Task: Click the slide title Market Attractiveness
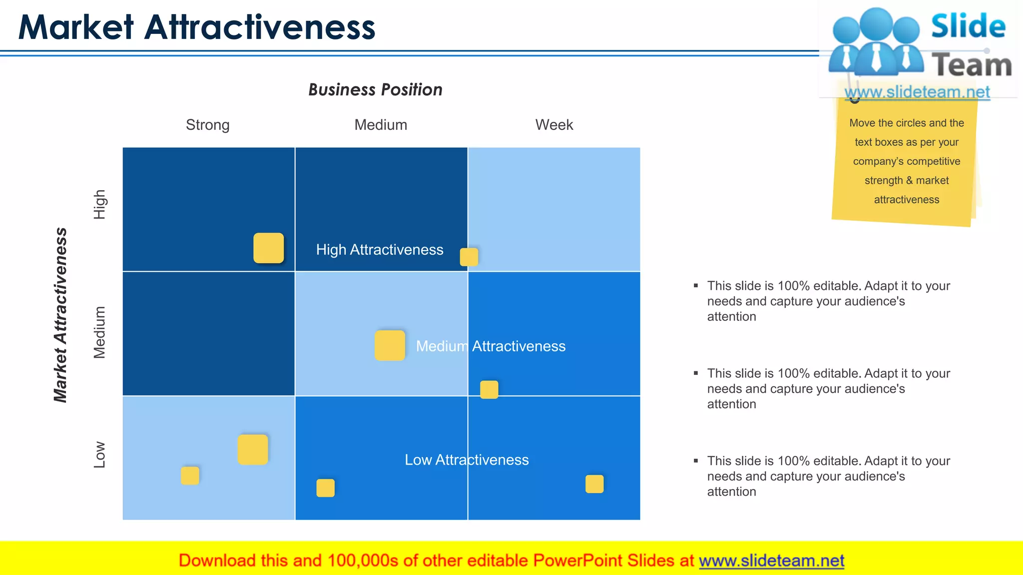pyautogui.click(x=196, y=27)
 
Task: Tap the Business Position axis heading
pyautogui.click(x=375, y=90)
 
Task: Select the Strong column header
pyautogui.click(x=207, y=125)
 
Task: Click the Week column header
pyautogui.click(x=554, y=125)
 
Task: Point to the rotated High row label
pyautogui.click(x=100, y=205)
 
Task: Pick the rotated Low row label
pyautogui.click(x=100, y=454)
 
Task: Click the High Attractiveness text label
pyautogui.click(x=380, y=250)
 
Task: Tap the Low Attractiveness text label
pyautogui.click(x=467, y=460)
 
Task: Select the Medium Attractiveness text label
pyautogui.click(x=491, y=346)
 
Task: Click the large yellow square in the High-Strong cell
pyautogui.click(x=269, y=248)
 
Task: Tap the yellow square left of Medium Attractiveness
pyautogui.click(x=390, y=345)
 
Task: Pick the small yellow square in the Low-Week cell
pyautogui.click(x=594, y=484)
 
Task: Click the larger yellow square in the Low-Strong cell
pyautogui.click(x=253, y=450)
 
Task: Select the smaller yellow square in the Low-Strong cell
pyautogui.click(x=190, y=476)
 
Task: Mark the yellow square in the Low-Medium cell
pyautogui.click(x=325, y=488)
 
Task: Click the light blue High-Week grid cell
pyautogui.click(x=554, y=200)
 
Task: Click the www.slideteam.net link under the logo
pyautogui.click(x=917, y=92)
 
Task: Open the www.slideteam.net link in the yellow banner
pyautogui.click(x=771, y=561)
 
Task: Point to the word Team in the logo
pyautogui.click(x=972, y=65)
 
